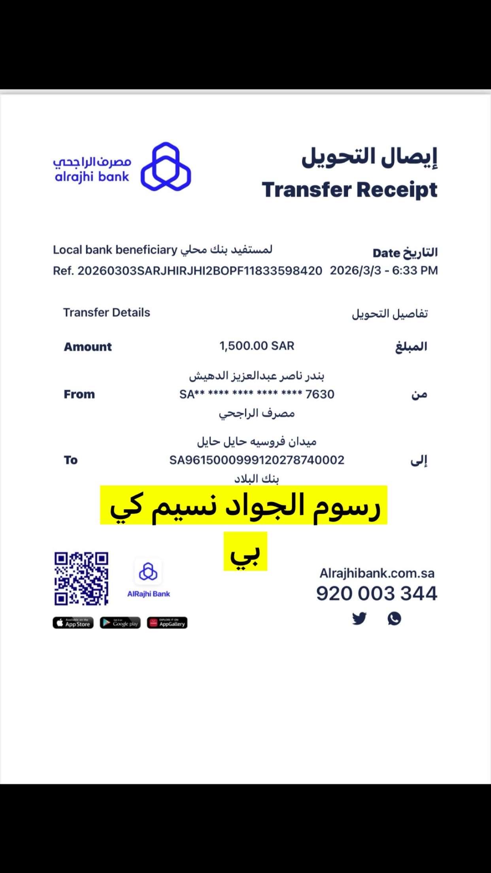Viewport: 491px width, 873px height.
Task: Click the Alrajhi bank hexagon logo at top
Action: coord(166,167)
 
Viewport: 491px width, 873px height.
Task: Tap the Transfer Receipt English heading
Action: coord(349,189)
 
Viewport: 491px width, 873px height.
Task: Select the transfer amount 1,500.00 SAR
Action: coord(257,346)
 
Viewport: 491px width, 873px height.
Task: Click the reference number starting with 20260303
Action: coord(200,271)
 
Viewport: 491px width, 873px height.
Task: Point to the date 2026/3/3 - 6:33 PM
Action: coord(384,270)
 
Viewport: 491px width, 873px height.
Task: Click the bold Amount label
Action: coord(88,347)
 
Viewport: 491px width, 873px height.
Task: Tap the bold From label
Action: coord(79,394)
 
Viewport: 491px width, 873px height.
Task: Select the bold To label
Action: coord(71,460)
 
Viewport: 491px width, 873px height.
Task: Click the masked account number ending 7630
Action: coord(257,394)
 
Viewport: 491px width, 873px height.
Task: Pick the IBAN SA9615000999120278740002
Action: coord(257,460)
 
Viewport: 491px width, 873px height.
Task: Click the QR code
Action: coord(81,578)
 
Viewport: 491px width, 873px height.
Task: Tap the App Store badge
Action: coord(73,623)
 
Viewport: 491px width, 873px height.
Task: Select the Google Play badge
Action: coord(120,623)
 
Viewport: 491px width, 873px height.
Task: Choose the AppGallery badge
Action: coord(167,623)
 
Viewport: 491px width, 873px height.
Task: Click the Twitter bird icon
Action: coord(359,618)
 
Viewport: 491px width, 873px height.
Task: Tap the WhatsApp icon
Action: coord(394,618)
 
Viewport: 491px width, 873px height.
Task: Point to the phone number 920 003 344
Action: coord(377,593)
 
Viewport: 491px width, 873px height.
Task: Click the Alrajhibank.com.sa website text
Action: coord(377,573)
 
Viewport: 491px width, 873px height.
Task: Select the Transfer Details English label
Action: coord(107,313)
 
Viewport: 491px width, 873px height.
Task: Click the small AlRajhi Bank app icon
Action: coord(148,571)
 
